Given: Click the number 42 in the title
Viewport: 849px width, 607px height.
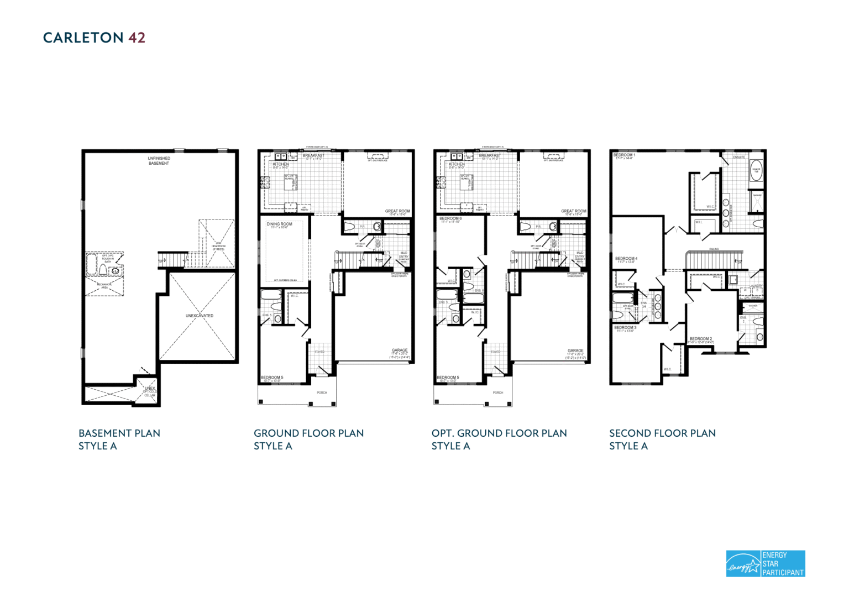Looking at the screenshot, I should click(x=137, y=38).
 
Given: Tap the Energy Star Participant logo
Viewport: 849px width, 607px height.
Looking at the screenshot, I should click(x=765, y=563).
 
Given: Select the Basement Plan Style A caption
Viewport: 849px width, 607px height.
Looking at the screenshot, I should click(x=119, y=439).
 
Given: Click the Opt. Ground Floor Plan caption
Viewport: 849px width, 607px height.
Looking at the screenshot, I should click(x=499, y=433).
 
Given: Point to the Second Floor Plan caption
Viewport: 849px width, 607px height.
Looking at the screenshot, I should click(x=662, y=433).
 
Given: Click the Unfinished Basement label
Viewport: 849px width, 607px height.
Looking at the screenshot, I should click(x=159, y=161).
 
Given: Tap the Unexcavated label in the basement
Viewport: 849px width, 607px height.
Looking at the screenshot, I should click(x=199, y=316).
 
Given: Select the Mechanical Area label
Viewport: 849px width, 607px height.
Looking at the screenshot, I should click(x=104, y=286).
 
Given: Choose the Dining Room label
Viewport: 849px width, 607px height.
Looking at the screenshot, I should click(x=279, y=224).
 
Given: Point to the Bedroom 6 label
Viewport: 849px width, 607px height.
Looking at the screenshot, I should click(x=450, y=219).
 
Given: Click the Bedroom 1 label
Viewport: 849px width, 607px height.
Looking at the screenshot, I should click(x=624, y=155).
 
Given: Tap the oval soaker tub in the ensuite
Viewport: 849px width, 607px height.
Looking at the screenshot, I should click(x=756, y=171).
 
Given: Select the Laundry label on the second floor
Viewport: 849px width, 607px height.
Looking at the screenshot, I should click(x=756, y=286).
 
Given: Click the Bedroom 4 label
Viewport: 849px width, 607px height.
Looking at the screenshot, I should click(x=626, y=259).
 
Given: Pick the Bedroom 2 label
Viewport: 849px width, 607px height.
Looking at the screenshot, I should click(x=700, y=339).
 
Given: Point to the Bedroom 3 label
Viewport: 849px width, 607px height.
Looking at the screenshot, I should click(x=625, y=328).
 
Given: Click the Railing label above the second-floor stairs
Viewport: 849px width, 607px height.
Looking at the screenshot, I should click(x=714, y=249).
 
